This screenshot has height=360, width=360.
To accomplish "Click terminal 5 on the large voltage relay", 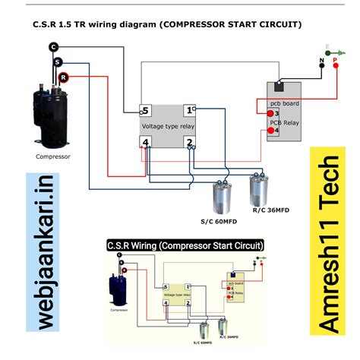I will (x=146, y=110).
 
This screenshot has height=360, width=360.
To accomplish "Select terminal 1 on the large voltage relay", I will (x=190, y=110).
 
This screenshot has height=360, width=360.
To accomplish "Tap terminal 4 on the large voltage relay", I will (x=146, y=143).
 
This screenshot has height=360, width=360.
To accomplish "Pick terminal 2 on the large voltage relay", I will (x=190, y=143).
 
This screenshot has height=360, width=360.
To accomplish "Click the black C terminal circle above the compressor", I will (x=54, y=47).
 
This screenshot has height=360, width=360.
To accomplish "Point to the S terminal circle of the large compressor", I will (x=58, y=61).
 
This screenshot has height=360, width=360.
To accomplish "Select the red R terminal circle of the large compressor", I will (x=64, y=77).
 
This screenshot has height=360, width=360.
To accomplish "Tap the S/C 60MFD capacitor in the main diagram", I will (x=223, y=196).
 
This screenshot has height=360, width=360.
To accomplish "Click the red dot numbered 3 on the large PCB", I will (x=272, y=113).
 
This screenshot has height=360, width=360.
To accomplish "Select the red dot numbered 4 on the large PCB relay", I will (x=271, y=131).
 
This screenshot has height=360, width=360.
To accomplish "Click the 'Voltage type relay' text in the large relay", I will (x=168, y=125).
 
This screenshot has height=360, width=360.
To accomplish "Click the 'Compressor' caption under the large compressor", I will (x=53, y=157).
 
